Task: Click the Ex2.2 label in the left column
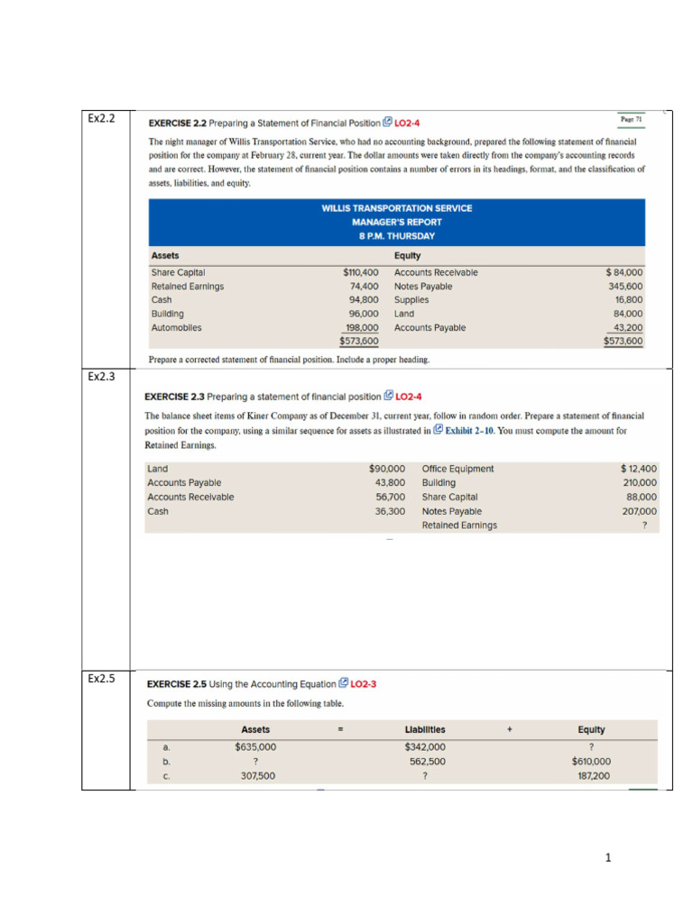101,118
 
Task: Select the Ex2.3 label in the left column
101,376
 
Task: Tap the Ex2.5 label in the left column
101,679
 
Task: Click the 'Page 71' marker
630,119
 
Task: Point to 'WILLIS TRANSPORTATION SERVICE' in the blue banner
396,208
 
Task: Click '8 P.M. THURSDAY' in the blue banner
396,236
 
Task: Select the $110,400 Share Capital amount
360,272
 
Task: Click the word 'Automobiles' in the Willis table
176,328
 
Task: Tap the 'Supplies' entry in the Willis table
411,300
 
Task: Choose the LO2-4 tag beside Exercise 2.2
407,123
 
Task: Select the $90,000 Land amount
387,469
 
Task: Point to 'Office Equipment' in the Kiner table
457,469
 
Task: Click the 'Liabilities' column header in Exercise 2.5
425,729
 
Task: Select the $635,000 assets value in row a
255,746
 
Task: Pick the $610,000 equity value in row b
591,761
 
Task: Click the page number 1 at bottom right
608,857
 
